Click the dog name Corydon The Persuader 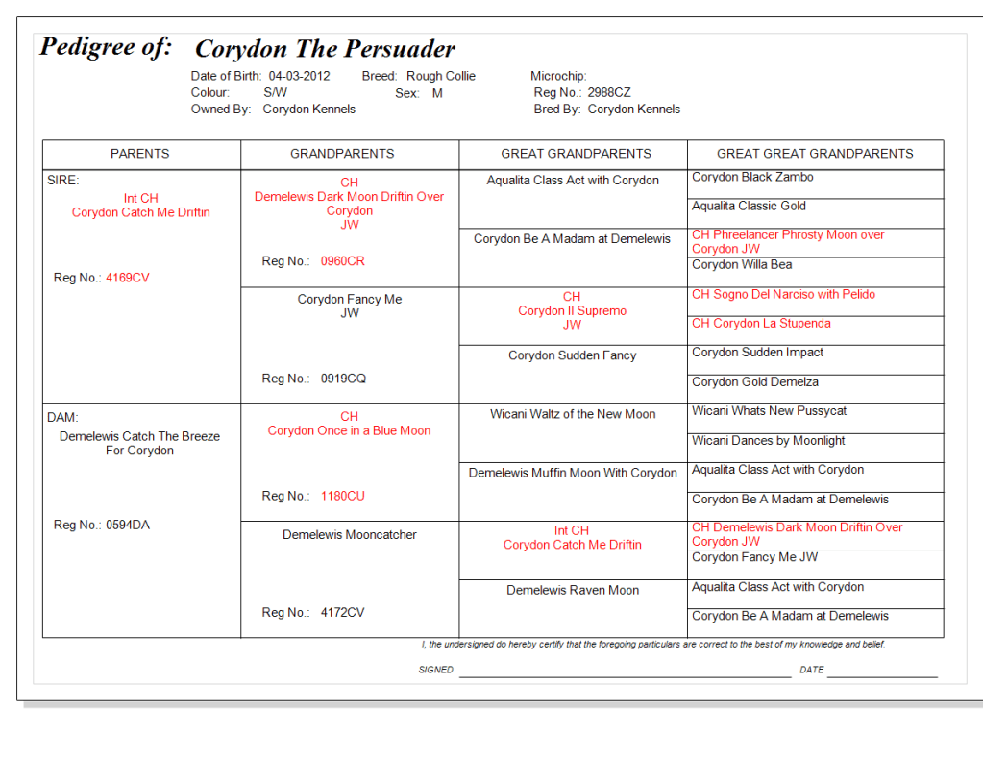pyautogui.click(x=325, y=49)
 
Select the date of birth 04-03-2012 pyautogui.click(x=299, y=76)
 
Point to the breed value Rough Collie pyautogui.click(x=440, y=76)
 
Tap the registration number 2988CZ pyautogui.click(x=609, y=93)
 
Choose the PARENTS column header pyautogui.click(x=140, y=154)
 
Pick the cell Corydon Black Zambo pyautogui.click(x=752, y=178)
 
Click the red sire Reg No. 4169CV pyautogui.click(x=128, y=279)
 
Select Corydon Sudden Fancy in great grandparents pyautogui.click(x=573, y=355)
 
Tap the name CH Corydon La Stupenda pyautogui.click(x=761, y=324)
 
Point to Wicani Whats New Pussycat pyautogui.click(x=770, y=411)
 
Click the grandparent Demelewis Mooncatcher pyautogui.click(x=350, y=535)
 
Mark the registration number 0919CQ pyautogui.click(x=343, y=379)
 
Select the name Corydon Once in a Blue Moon pyautogui.click(x=349, y=431)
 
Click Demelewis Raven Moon pyautogui.click(x=573, y=591)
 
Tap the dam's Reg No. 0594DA pyautogui.click(x=128, y=526)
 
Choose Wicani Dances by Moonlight pyautogui.click(x=769, y=441)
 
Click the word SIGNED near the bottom pyautogui.click(x=435, y=670)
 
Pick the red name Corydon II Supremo pyautogui.click(x=572, y=311)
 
